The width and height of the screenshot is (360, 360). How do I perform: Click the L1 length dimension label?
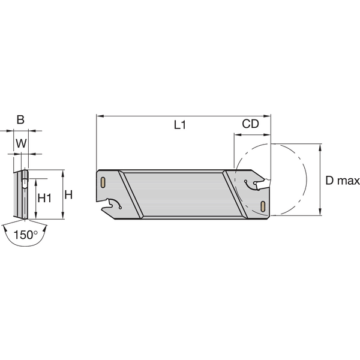point(180,125)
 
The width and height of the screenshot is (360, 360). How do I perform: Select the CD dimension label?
point(250,124)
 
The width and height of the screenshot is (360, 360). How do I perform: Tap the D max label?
point(343,181)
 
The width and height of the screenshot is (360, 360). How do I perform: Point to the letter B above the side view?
point(20,119)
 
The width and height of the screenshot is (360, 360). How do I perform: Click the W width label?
point(20,143)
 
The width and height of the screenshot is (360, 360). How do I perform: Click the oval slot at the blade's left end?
point(103,181)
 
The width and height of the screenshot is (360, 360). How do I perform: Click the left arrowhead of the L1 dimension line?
point(99,115)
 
